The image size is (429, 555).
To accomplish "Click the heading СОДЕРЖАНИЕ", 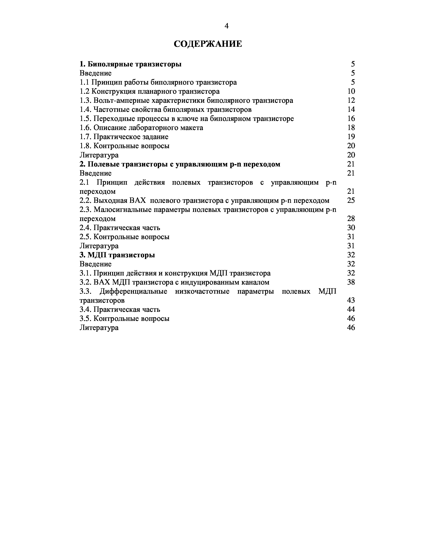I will click(208, 44).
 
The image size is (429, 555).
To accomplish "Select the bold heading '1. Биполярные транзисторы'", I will click(130, 64).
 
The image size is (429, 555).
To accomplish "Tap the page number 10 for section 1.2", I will click(351, 91).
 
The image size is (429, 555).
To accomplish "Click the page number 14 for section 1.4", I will click(351, 109).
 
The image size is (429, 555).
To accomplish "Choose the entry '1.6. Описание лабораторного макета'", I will click(141, 128).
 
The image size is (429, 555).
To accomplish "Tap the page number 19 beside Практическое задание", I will click(351, 137).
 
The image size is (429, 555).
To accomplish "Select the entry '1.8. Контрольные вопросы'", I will click(124, 146).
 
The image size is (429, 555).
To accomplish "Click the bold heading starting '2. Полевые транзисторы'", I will click(180, 164).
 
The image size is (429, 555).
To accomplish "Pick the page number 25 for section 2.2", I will click(351, 200).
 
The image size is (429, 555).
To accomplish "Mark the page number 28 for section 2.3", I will click(351, 218).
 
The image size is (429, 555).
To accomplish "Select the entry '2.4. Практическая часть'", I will click(120, 228).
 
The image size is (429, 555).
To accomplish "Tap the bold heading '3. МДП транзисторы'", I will click(117, 255).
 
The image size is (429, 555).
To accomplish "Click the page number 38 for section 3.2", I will click(351, 282).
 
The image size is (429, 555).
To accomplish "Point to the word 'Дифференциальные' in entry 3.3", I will click(133, 291).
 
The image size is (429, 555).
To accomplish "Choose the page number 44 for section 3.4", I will click(351, 309).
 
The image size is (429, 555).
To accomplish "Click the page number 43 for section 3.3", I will click(351, 300).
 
